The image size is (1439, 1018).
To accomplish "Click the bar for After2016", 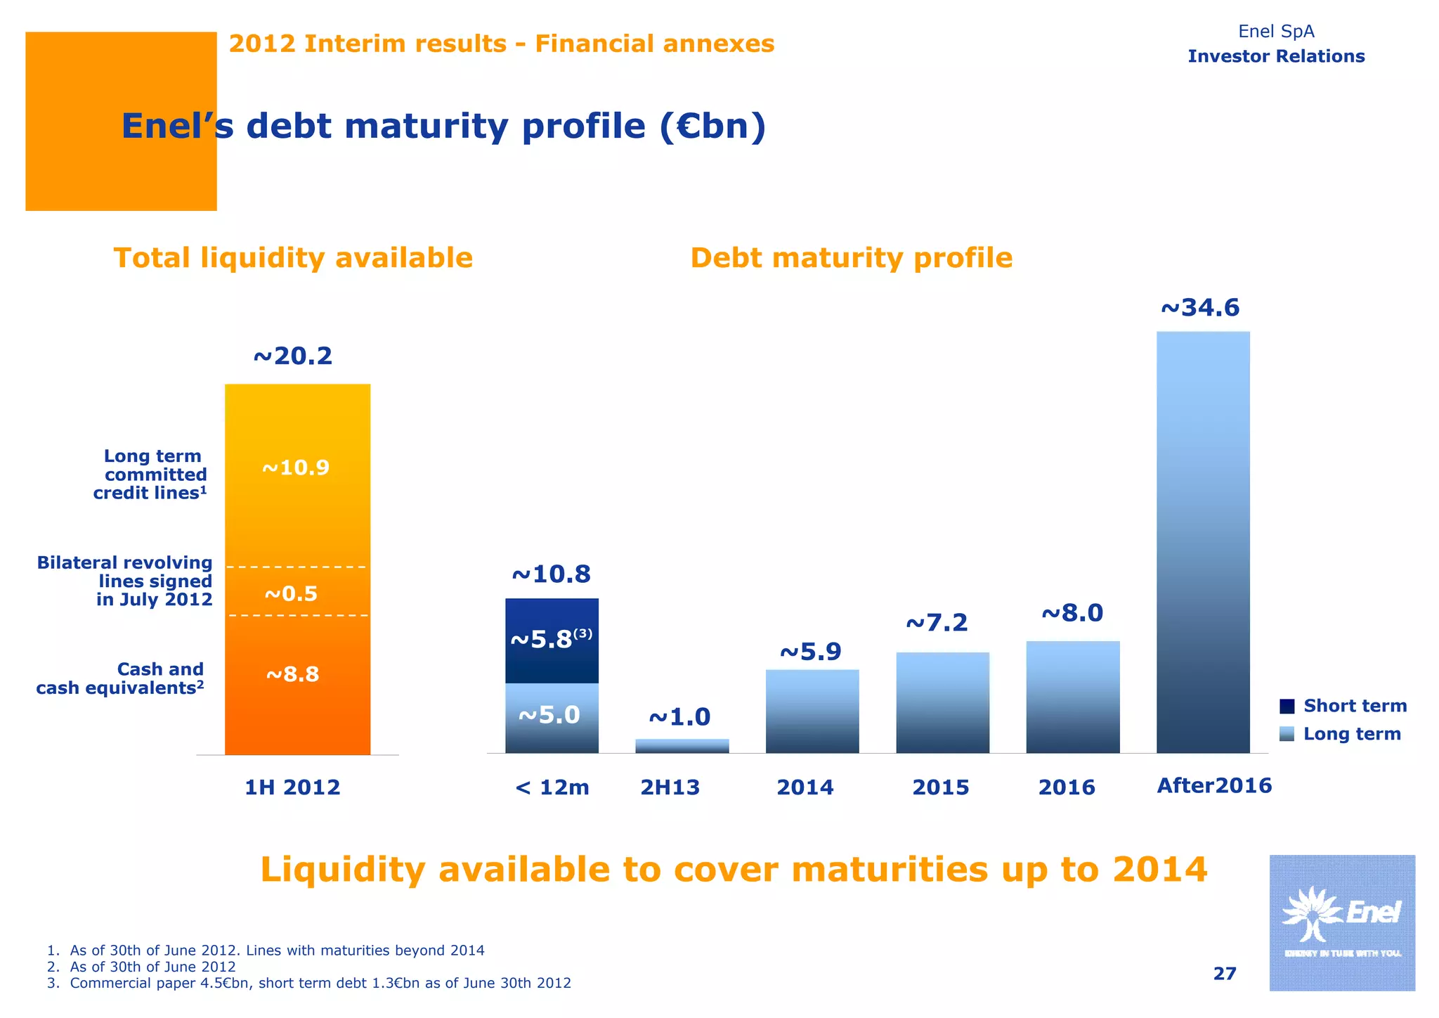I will tap(1203, 541).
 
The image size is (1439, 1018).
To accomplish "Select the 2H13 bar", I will tap(682, 746).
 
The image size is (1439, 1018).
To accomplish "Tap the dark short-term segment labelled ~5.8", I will tap(552, 640).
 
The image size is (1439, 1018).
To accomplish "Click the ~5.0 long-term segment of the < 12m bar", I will tap(552, 718).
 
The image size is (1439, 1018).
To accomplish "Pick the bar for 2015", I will tap(942, 702).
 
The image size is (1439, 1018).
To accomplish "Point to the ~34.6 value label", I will tap(1200, 308).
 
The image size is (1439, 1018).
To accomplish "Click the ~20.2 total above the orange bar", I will tap(292, 356).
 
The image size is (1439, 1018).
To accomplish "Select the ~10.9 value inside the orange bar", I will tap(296, 468).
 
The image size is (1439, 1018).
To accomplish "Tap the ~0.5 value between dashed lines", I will tap(291, 594).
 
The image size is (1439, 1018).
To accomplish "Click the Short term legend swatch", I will tap(1287, 706).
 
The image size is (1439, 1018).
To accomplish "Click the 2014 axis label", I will tap(805, 787).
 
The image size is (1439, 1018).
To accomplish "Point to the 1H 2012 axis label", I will tap(292, 787).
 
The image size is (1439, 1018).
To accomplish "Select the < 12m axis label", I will tap(552, 787).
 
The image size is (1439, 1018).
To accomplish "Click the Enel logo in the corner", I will tap(1341, 922).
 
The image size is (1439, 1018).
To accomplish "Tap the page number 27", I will tap(1225, 973).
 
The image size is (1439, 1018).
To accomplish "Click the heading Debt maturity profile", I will tap(852, 258).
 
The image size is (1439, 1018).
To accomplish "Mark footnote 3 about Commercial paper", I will tap(309, 983).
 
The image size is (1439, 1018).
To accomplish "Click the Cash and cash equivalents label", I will tap(120, 678).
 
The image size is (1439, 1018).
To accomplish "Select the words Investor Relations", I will tap(1276, 56).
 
